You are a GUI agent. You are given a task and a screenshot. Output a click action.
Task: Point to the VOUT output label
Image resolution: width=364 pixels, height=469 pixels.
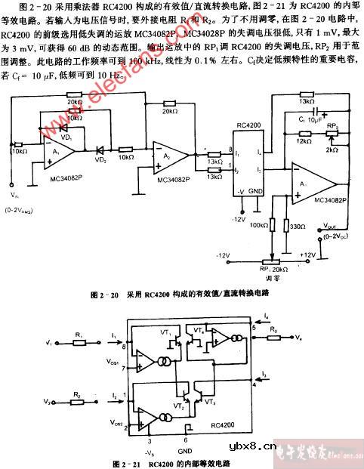(x=331, y=226)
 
